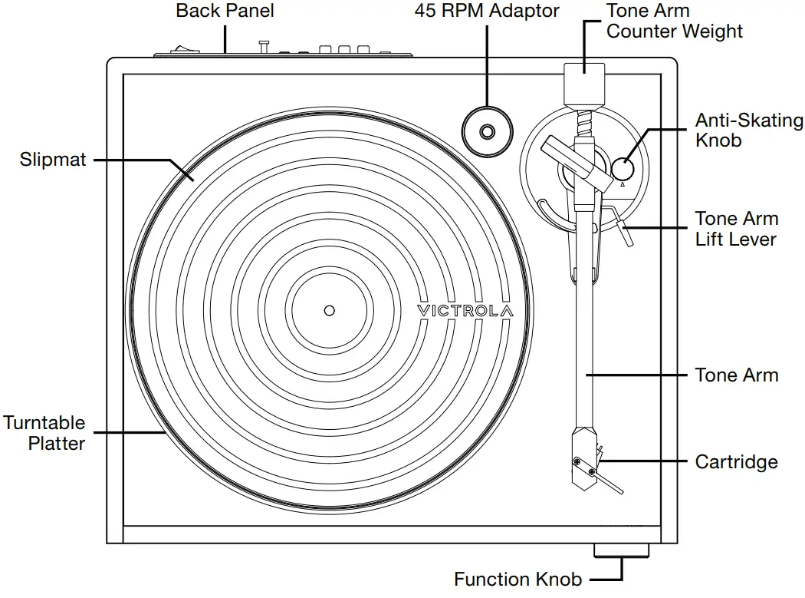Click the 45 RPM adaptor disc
pos(487,132)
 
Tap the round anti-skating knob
pos(623,167)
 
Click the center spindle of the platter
pos(329,310)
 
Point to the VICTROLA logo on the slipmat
pos(465,310)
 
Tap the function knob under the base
pos(622,551)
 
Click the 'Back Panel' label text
pos(225,11)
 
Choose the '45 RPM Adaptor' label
pos(487,11)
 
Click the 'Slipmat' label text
pos(53,160)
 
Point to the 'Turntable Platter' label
pos(44,433)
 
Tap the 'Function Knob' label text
pos(517,579)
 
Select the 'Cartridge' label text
pos(736,461)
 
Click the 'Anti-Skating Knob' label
pos(748,131)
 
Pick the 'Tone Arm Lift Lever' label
pos(736,229)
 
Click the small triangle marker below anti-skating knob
pos(623,184)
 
